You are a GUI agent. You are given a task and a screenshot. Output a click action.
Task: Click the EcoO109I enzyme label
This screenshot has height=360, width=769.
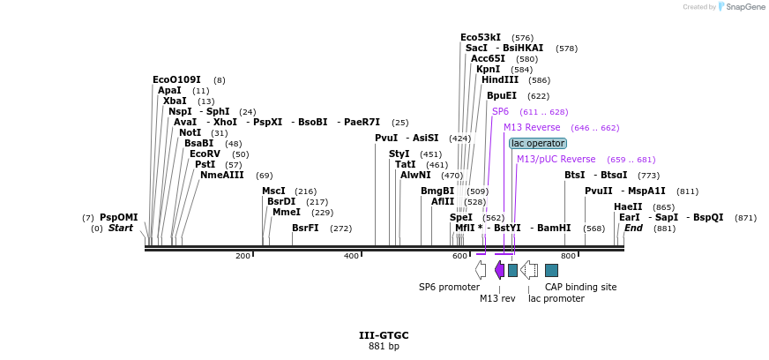coord(176,79)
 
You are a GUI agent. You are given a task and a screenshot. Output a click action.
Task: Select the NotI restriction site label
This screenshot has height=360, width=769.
coord(190,132)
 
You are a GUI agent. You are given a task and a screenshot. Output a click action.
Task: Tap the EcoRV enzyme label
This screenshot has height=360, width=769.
coord(205,154)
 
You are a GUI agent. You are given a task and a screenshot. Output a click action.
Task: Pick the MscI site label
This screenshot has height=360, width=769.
coord(273,191)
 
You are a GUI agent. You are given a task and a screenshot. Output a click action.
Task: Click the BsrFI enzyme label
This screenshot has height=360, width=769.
coord(305,228)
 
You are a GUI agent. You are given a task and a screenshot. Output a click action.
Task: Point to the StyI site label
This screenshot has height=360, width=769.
coord(399,154)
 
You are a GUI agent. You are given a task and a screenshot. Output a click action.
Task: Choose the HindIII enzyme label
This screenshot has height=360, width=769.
coord(499,79)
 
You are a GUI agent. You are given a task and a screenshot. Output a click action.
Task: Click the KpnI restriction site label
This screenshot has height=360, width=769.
coord(488,69)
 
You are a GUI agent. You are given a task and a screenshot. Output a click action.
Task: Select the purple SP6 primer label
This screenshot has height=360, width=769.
coord(500,112)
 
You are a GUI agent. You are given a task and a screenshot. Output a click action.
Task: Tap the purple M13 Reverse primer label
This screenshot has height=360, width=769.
coord(532,127)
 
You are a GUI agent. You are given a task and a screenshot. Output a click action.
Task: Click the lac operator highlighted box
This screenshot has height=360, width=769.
coord(538,143)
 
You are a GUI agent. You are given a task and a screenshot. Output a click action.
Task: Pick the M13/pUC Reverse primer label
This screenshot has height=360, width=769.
coord(556,159)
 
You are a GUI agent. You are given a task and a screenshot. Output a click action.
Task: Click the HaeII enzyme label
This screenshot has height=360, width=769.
coord(626,206)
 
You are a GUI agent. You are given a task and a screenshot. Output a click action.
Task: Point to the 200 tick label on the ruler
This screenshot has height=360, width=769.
coord(243,256)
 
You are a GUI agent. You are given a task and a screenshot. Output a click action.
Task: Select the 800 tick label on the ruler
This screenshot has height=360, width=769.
coord(569,256)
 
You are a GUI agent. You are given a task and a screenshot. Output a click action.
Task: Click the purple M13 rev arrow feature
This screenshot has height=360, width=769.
coord(499,269)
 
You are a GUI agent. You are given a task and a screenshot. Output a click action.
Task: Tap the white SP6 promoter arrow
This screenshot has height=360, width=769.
coord(480,269)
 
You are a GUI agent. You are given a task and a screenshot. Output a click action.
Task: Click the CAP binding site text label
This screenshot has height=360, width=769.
coord(580,287)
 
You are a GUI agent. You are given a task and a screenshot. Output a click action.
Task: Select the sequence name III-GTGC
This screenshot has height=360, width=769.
coord(384,335)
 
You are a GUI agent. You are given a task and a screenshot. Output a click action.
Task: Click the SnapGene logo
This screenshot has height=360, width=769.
coord(743,7)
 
